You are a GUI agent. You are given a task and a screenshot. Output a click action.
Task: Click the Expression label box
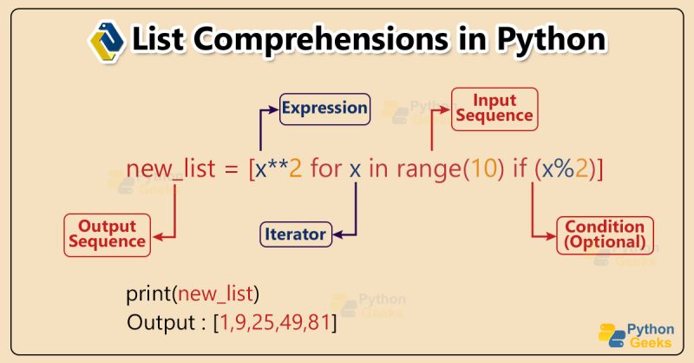point(324,109)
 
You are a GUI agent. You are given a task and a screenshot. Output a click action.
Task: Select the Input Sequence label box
point(490,108)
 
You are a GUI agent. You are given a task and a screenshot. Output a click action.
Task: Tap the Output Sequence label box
point(107,234)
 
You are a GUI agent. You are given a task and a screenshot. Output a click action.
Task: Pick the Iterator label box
point(296,234)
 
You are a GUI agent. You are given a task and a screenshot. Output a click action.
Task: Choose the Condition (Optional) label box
point(605,234)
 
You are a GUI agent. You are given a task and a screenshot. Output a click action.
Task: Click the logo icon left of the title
point(107,39)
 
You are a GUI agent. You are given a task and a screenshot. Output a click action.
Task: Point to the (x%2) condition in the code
point(566,169)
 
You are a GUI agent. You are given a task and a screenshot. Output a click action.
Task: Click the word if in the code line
point(522,169)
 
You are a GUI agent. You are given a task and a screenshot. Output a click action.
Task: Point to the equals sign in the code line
point(230,170)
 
